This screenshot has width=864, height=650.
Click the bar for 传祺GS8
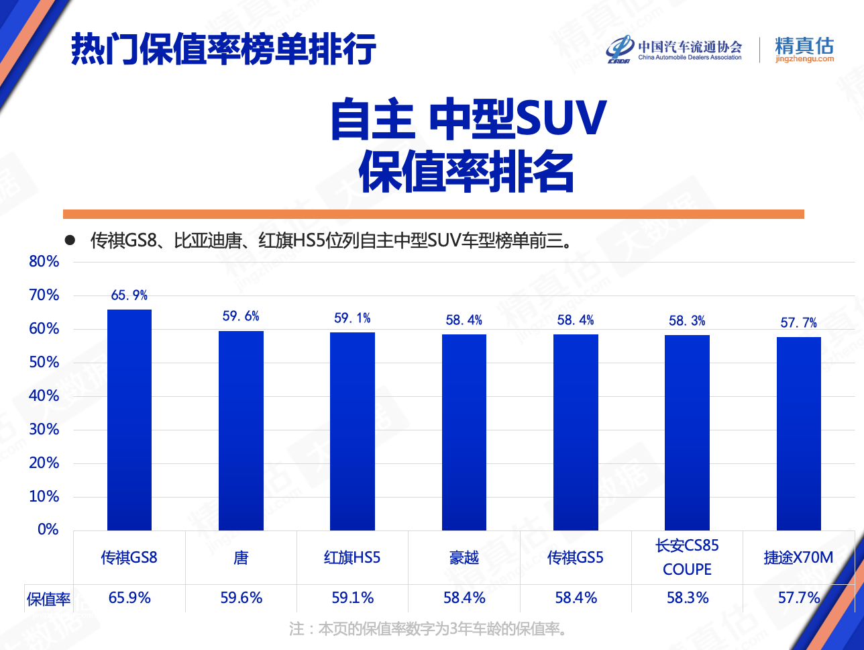(129, 420)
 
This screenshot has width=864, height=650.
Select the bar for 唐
(241, 430)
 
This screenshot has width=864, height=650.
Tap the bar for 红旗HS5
(352, 431)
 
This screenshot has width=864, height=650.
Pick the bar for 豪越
(464, 432)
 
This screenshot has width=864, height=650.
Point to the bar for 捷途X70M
(799, 434)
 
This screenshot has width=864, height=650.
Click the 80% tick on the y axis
(44, 262)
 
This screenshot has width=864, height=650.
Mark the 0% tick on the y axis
(48, 530)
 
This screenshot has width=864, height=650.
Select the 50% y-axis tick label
(44, 363)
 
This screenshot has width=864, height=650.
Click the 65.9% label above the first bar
(129, 295)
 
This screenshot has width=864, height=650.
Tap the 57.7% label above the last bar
(799, 323)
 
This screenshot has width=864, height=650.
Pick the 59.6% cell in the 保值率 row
(241, 598)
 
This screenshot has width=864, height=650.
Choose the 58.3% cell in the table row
(688, 598)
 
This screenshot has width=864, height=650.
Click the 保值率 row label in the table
(48, 599)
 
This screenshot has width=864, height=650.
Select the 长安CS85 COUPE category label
(688, 557)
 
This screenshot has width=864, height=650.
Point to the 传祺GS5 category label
(576, 557)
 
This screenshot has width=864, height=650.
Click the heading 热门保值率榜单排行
(223, 48)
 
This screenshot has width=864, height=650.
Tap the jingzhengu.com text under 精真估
(804, 59)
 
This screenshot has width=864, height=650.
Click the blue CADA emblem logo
(620, 48)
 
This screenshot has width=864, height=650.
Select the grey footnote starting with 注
(429, 629)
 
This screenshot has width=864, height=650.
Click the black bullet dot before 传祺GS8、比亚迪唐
(69, 240)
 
